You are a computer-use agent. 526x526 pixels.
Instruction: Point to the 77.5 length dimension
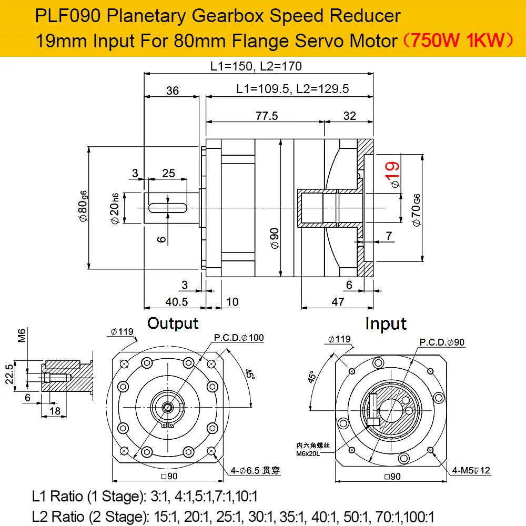pos(267,116)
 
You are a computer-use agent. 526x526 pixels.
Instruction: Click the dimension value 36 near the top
pos(172,90)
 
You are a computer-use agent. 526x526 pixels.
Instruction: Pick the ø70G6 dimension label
pos(416,210)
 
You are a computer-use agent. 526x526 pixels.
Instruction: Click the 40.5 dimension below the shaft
pos(177,302)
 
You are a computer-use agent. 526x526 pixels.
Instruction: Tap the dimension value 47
pos(338,302)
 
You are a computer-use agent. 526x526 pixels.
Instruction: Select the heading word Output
pos(173,323)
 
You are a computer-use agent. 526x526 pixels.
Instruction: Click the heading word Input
pos(386,323)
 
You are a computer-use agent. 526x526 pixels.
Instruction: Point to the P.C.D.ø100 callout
pos(239,338)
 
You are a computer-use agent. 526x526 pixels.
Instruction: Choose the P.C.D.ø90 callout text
pos(442,342)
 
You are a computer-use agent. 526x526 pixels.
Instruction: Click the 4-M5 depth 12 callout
pos(470,470)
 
